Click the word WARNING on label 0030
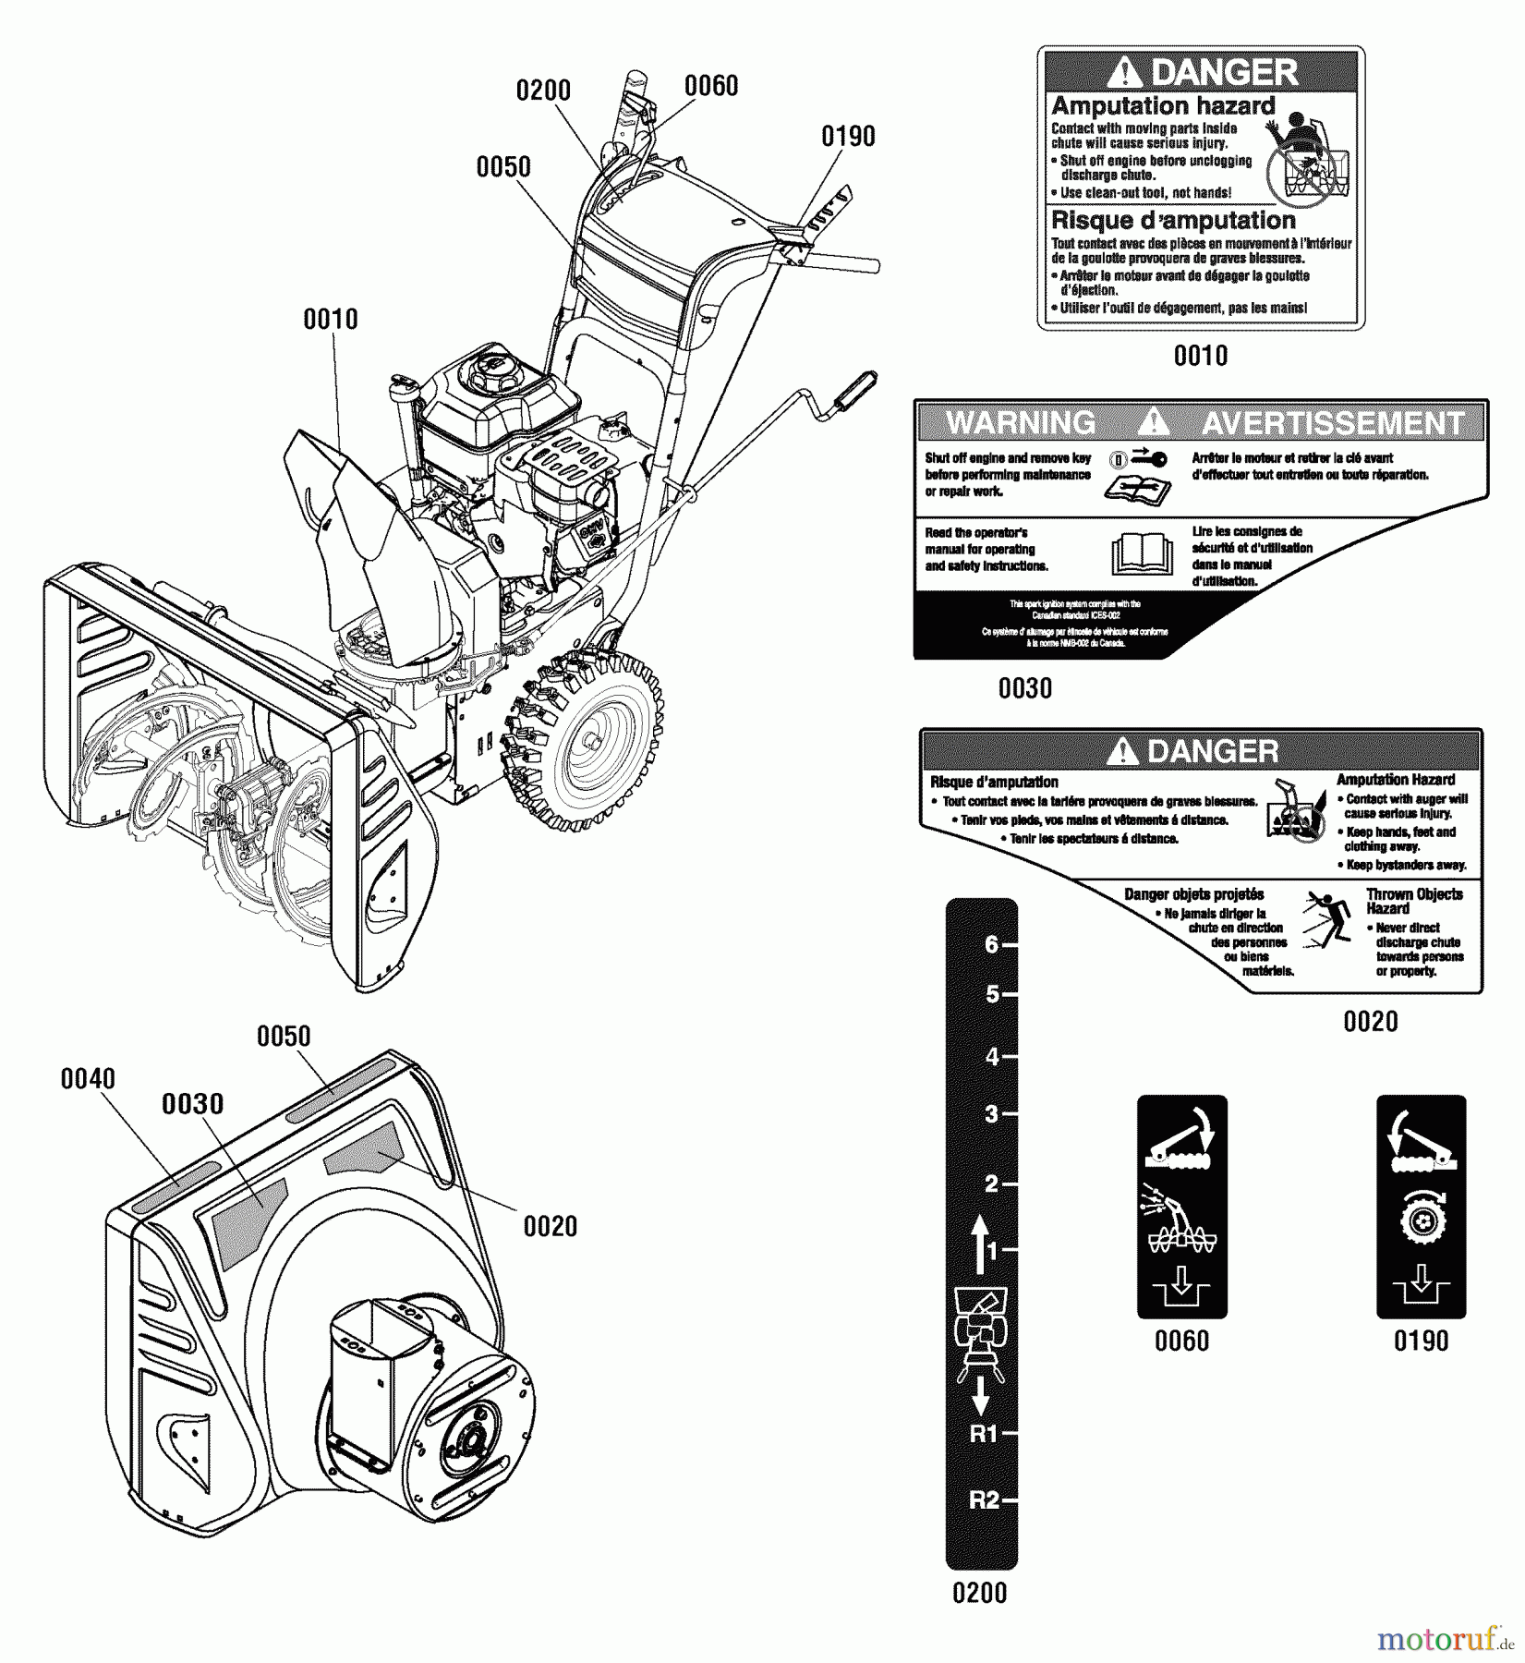pyautogui.click(x=1021, y=423)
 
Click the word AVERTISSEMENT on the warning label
pyautogui.click(x=1332, y=423)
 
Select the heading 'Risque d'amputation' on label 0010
pyautogui.click(x=1173, y=220)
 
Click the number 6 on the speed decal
pyautogui.click(x=992, y=945)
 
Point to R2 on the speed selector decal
pyautogui.click(x=985, y=1499)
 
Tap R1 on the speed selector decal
pyautogui.click(x=985, y=1434)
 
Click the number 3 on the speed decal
pyautogui.click(x=992, y=1114)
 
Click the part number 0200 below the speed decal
pyautogui.click(x=979, y=1593)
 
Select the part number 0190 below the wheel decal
pyautogui.click(x=1421, y=1341)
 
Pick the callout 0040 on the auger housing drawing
pyautogui.click(x=88, y=1078)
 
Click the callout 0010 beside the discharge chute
pyautogui.click(x=331, y=320)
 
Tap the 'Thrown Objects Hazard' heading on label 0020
pyautogui.click(x=1414, y=900)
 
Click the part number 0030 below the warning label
pyautogui.click(x=1024, y=688)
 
